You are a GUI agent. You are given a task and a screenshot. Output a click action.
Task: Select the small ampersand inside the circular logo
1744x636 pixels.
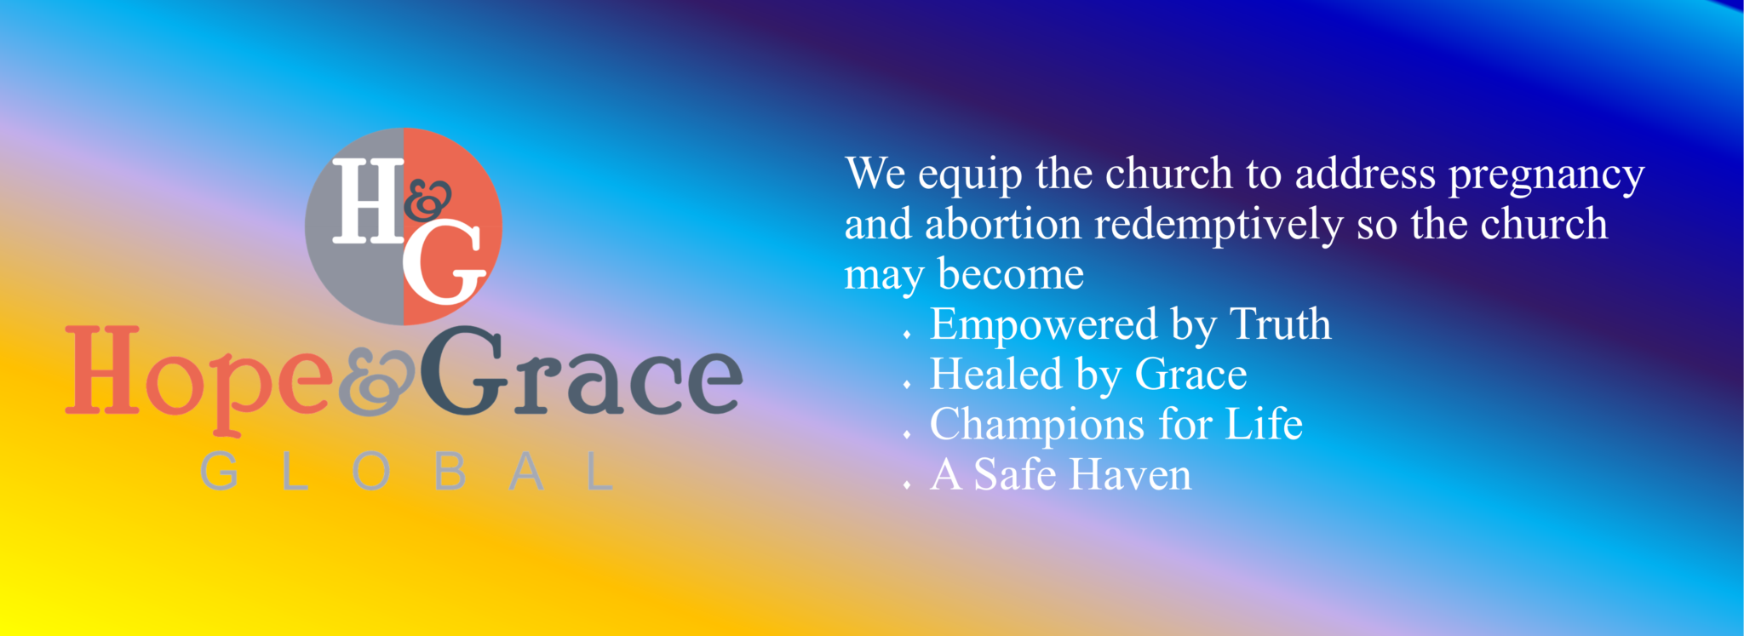(x=427, y=201)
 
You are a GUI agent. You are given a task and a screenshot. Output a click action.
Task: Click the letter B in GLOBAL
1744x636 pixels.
(x=450, y=472)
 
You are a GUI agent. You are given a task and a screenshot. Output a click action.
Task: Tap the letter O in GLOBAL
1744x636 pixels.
(x=371, y=472)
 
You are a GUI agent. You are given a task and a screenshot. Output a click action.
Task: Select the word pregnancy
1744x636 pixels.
(x=1546, y=176)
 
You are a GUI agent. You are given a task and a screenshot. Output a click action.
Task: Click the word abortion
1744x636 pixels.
(x=1002, y=225)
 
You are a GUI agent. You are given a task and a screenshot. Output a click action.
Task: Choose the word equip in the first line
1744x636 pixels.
(x=970, y=176)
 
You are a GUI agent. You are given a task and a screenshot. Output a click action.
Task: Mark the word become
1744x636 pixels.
(x=1010, y=274)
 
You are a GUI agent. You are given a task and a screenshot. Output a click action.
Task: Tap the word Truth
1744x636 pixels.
(x=1281, y=324)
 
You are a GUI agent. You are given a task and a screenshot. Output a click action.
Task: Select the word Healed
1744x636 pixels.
(x=984, y=375)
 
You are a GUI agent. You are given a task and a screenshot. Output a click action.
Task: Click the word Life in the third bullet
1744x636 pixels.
(x=1264, y=424)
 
